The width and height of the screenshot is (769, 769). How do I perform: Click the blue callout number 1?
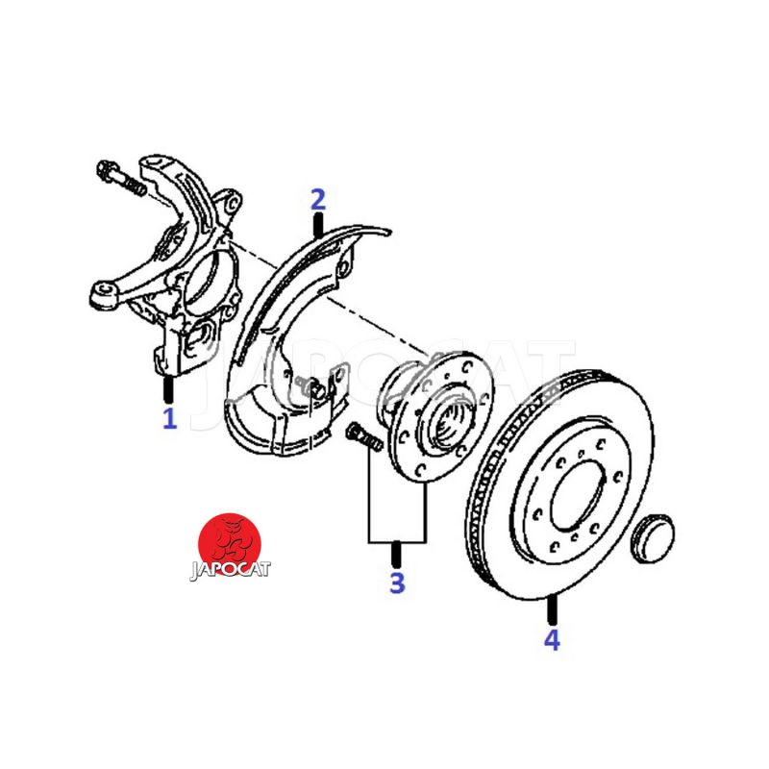pos(169,418)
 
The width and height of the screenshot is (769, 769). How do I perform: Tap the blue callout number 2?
pos(318,200)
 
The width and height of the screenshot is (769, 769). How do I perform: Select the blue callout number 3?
pos(397,583)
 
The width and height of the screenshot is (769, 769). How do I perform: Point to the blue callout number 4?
pos(552,639)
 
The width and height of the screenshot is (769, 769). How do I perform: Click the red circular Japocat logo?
pos(230,544)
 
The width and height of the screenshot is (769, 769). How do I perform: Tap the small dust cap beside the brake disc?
pos(654,538)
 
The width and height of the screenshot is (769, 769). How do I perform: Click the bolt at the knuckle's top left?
pos(121,178)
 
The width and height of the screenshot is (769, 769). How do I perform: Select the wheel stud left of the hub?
pos(365,437)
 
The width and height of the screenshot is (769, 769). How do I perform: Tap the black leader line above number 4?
pos(552,609)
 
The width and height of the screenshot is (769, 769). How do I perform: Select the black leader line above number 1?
pos(169,389)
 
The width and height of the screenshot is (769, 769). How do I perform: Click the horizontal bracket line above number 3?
pos(397,542)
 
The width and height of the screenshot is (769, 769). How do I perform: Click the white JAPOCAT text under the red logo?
pos(230,570)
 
